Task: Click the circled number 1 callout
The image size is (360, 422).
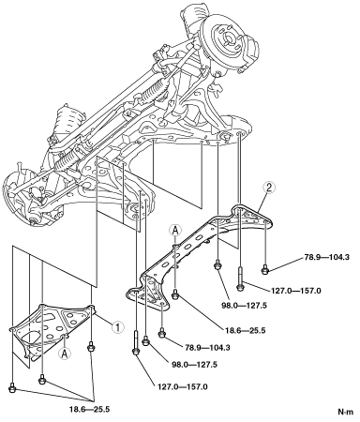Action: click(x=117, y=327)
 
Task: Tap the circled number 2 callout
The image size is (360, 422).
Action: click(x=269, y=188)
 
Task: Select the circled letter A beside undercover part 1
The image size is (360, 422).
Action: click(x=65, y=354)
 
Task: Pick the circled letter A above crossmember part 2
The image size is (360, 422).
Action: click(x=175, y=231)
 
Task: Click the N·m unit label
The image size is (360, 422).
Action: click(x=346, y=412)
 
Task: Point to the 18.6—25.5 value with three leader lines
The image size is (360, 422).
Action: click(x=90, y=409)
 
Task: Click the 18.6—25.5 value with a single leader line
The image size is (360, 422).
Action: click(x=245, y=330)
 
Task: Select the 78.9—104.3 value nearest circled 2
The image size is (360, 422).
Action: click(x=326, y=258)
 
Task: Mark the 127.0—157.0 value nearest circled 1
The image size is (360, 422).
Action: click(x=183, y=387)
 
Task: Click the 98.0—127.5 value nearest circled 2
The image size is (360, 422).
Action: click(x=244, y=306)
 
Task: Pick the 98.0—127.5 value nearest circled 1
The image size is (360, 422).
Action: click(x=194, y=365)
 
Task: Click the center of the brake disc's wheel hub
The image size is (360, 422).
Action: click(x=228, y=39)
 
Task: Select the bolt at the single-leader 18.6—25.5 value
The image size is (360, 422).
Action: click(x=175, y=294)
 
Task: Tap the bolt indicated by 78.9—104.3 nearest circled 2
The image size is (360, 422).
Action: click(x=265, y=269)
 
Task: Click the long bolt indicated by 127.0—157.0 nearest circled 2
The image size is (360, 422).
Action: click(x=240, y=279)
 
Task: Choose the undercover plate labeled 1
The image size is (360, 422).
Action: click(x=52, y=331)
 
